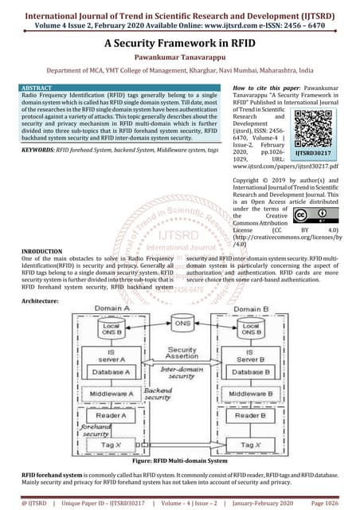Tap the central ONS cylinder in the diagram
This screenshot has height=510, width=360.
pos(182,325)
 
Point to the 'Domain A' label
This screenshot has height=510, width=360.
pos(111,307)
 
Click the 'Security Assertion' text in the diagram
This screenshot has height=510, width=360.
pos(182,354)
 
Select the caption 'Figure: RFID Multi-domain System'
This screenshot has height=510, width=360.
pos(180,461)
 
